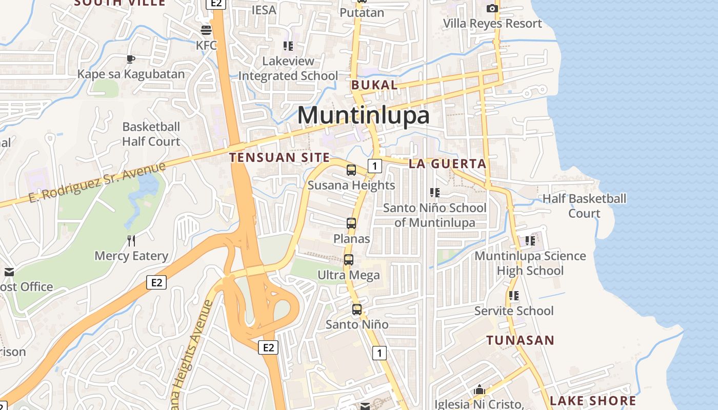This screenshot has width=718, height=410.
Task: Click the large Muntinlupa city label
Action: [x=363, y=115]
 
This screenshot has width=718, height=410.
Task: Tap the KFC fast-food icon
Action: [x=206, y=30]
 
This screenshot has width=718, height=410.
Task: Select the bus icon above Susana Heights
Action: [x=351, y=170]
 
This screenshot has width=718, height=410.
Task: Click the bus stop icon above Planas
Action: [x=351, y=223]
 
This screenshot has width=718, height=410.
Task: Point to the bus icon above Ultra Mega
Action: [x=349, y=260]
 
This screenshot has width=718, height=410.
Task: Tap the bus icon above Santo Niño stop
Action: [x=357, y=310]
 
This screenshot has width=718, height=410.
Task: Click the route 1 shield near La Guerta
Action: [x=375, y=166]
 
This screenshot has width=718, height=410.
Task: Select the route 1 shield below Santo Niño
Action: [x=379, y=353]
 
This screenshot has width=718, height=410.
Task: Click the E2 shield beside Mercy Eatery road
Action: [x=156, y=282]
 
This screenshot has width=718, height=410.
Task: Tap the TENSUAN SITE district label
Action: [x=280, y=157]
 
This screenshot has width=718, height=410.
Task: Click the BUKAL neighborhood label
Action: [x=374, y=85]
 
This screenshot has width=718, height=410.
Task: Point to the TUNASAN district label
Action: [x=520, y=340]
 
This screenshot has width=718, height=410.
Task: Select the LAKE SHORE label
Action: [x=593, y=401]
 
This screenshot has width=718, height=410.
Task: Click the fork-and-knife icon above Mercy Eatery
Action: [x=131, y=240]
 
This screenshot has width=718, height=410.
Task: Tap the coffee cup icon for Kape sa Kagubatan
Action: [x=131, y=59]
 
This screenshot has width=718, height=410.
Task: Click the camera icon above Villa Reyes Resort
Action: [x=492, y=8]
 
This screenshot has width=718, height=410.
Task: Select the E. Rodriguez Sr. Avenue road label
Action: [x=97, y=182]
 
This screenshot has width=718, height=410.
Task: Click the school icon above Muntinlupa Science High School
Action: [x=530, y=240]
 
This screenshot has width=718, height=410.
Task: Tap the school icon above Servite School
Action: [x=513, y=296]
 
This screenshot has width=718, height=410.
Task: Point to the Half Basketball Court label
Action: [x=584, y=206]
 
